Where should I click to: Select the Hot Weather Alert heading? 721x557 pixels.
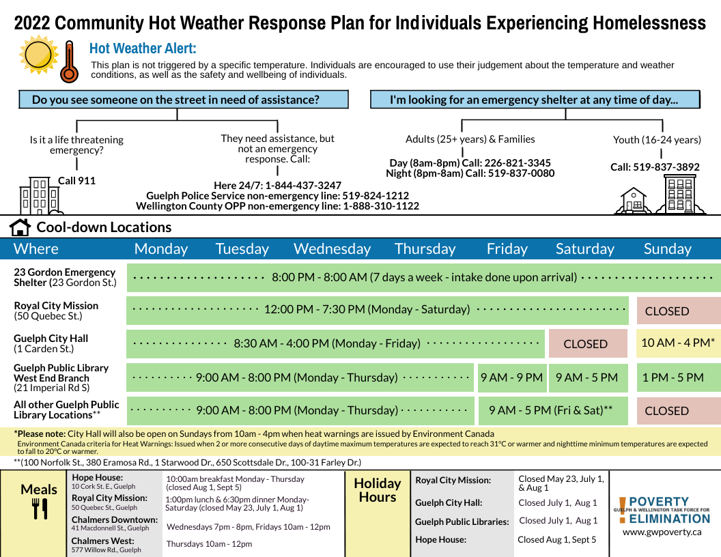143,49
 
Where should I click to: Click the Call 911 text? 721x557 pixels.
76,181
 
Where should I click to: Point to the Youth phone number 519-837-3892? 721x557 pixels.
655,167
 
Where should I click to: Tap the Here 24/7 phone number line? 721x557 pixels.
277,186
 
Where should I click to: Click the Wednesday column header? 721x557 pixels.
332,248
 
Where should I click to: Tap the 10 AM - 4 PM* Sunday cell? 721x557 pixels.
678,343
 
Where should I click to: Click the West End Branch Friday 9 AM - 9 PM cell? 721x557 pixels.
511,377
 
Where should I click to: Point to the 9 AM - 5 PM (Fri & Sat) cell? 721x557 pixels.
550,410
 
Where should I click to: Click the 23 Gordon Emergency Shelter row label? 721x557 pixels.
66,276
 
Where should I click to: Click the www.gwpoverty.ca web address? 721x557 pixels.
662,531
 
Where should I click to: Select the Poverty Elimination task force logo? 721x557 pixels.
662,509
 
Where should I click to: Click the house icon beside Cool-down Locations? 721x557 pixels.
20,227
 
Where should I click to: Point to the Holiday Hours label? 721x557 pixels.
377,490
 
